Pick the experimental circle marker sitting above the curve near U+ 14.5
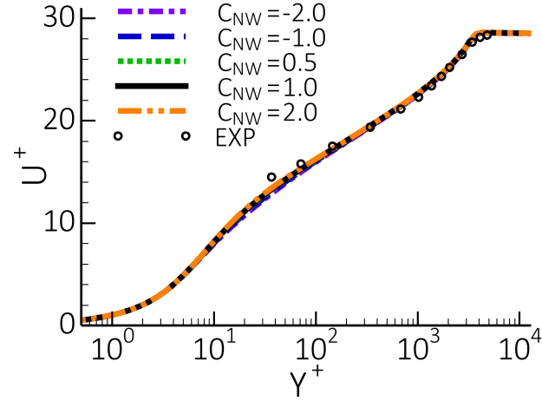click(x=271, y=177)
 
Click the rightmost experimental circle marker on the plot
click(x=487, y=35)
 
